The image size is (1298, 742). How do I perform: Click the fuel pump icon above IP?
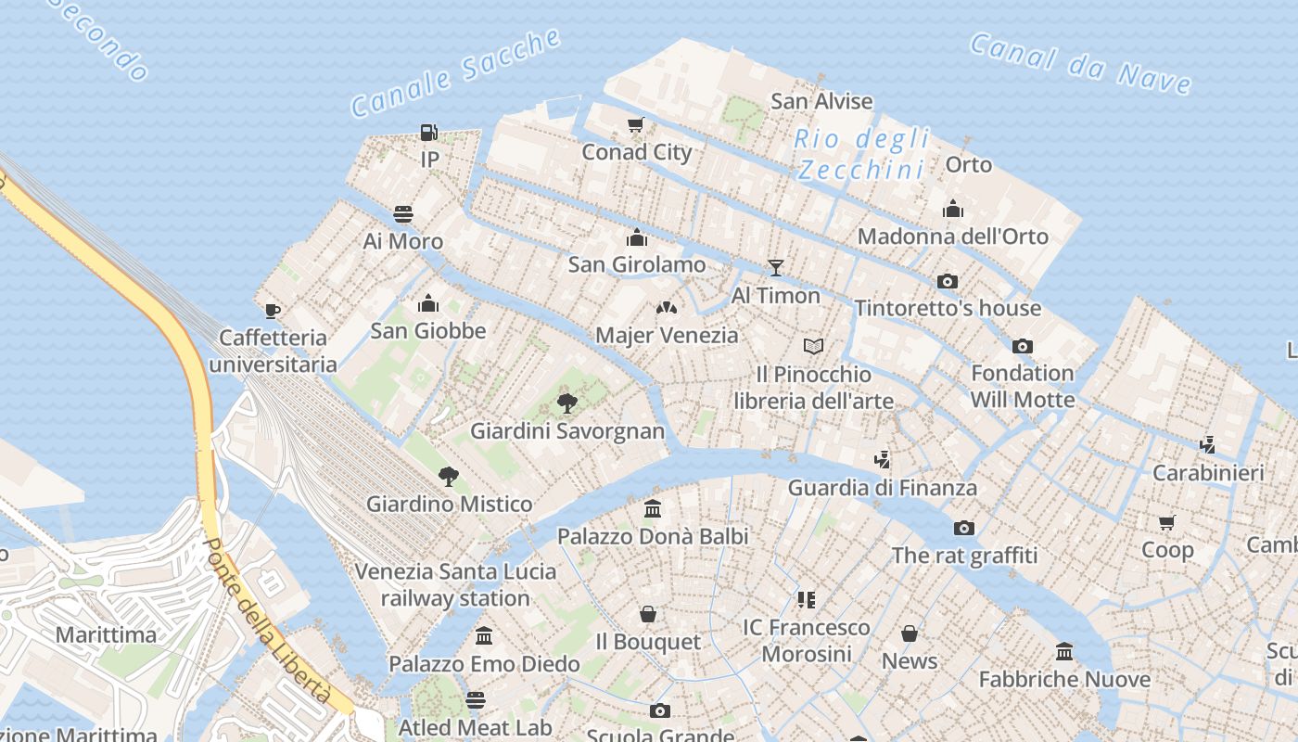coord(428,133)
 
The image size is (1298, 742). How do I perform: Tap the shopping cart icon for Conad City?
coord(635,125)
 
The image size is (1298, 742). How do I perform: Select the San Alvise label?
coord(821,101)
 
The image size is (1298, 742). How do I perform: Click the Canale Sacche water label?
coord(456,73)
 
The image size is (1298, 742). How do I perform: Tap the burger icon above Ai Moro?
coord(403,214)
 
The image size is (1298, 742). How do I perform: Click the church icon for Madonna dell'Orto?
coord(952,210)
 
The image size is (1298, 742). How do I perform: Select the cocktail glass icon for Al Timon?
coord(776,268)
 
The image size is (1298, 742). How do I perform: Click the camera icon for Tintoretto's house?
coord(947,281)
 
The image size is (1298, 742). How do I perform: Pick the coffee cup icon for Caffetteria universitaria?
coord(272,310)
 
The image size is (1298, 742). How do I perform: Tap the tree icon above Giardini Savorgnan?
coord(567,403)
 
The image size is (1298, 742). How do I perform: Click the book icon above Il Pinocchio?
coord(813,347)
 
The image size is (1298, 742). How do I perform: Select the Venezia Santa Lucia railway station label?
coord(455,584)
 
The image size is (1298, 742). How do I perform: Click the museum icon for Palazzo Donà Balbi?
coord(653,509)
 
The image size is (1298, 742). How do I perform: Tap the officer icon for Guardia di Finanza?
coord(882,459)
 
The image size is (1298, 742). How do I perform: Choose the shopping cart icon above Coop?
coord(1167,522)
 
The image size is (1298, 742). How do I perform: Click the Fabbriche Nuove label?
coord(1064,680)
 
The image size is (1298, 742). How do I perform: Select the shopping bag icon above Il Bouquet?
coord(648,614)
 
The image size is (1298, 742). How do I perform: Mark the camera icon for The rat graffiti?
coord(964,528)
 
